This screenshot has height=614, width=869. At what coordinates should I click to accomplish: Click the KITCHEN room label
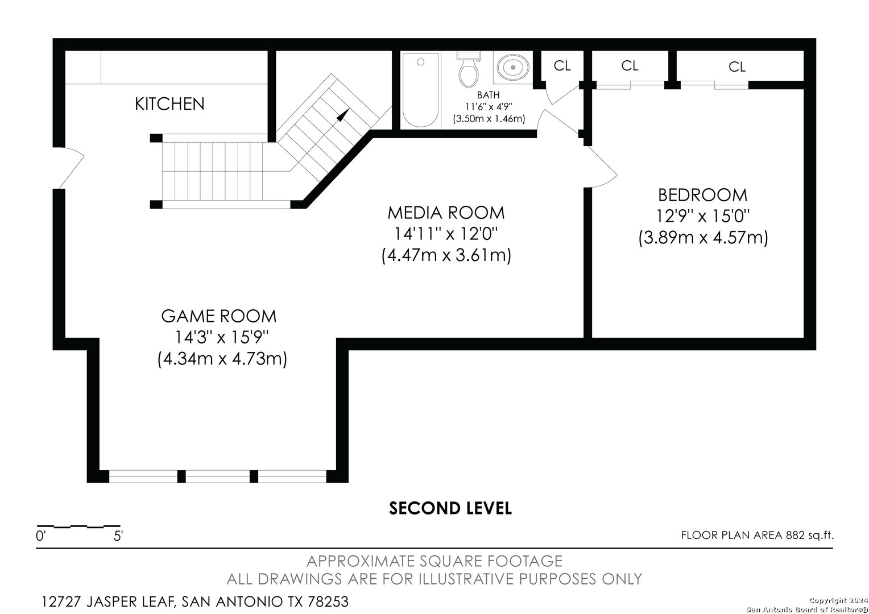[x=169, y=104]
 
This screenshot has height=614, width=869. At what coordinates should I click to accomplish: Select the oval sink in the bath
[x=513, y=67]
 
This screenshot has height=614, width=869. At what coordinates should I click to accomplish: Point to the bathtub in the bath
[x=420, y=90]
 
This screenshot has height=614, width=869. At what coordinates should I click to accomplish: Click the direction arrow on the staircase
[x=342, y=115]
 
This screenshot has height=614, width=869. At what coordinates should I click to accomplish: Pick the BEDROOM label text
[x=702, y=195]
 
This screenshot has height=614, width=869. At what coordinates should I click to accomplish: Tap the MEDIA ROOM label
[x=446, y=213]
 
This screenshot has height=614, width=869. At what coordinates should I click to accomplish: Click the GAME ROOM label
[x=219, y=316]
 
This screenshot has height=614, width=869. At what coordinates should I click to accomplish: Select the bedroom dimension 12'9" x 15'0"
[x=702, y=216]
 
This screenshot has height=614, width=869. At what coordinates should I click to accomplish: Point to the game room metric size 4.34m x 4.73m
[x=222, y=359]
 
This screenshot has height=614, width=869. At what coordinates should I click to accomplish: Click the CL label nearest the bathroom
[x=562, y=66]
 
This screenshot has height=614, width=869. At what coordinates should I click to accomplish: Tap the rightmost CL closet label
[x=737, y=67]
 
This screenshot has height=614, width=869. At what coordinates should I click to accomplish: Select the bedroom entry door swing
[x=601, y=167]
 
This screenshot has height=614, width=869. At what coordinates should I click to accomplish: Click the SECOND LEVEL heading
[x=450, y=508]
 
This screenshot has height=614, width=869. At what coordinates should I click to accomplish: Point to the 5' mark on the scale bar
[x=118, y=536]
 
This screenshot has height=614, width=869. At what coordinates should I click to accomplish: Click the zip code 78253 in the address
[x=328, y=601]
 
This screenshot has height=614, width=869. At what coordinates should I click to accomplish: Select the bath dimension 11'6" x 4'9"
[x=489, y=107]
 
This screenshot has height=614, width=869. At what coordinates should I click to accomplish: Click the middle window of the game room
[x=218, y=476]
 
